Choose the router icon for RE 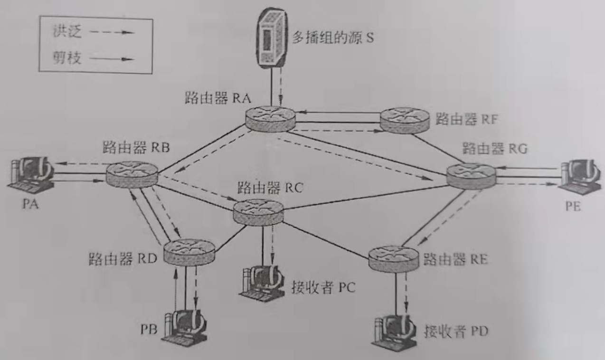394,258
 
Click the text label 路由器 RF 466,119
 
